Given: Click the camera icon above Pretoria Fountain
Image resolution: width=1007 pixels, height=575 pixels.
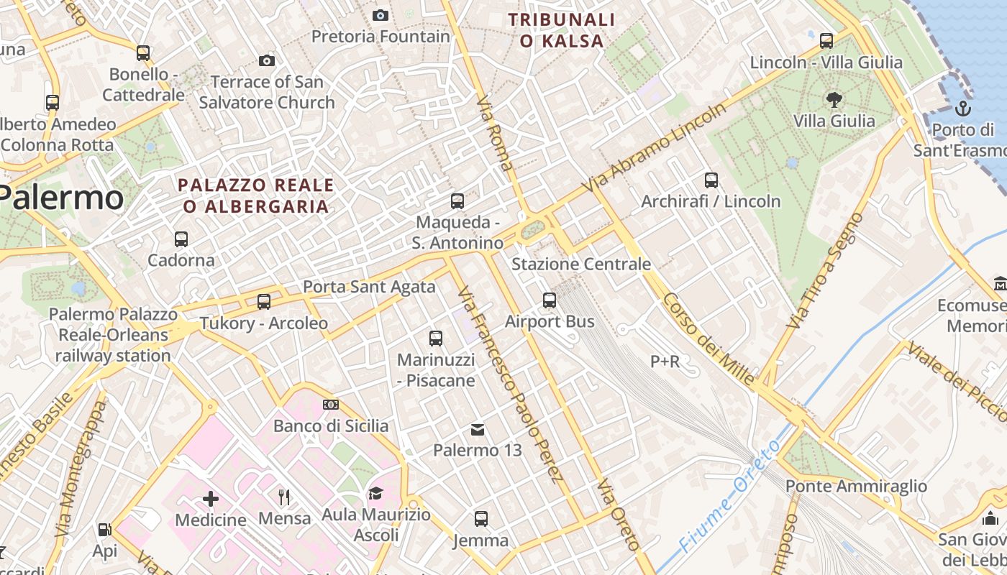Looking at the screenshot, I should pos(380,15).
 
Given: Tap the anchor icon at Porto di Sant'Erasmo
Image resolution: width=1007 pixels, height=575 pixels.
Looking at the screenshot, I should pos(962,109).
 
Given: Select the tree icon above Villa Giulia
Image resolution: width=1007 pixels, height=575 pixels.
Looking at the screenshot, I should pos(834,100).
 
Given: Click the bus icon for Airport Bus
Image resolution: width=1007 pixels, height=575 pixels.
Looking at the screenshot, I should pos(550,300).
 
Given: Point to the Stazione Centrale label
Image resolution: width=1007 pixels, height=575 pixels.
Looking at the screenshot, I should pos(581,264).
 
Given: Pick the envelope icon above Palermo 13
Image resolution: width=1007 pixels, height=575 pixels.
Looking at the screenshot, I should pos(478,430).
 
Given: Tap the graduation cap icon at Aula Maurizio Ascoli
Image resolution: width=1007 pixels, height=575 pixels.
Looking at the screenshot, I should pos(375,493).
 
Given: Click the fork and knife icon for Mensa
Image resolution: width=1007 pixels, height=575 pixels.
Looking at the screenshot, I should pos(284,497).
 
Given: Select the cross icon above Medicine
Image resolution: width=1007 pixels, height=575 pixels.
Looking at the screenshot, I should pos(211,498).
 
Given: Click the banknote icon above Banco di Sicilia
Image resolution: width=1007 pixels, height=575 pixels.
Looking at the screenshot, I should pos(331,405).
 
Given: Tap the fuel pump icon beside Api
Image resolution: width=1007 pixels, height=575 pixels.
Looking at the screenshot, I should pos(104,530).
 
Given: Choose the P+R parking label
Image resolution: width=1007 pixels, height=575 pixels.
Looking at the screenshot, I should pos(665,362).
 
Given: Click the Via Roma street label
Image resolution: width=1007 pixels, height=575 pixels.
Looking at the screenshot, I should pos(494,132).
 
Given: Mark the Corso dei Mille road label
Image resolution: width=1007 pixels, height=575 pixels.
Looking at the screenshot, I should pos(708,339).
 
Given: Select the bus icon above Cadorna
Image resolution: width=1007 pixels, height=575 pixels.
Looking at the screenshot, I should pos(181,239).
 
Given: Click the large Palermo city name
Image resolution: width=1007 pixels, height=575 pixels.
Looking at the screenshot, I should pos(61,197).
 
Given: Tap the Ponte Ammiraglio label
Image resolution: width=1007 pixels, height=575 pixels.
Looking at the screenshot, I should pos(856,487).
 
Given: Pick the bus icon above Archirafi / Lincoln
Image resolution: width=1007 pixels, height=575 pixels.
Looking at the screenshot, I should pos(711,180).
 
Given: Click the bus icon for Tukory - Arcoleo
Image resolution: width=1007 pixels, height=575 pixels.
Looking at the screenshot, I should pos(264,302).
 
